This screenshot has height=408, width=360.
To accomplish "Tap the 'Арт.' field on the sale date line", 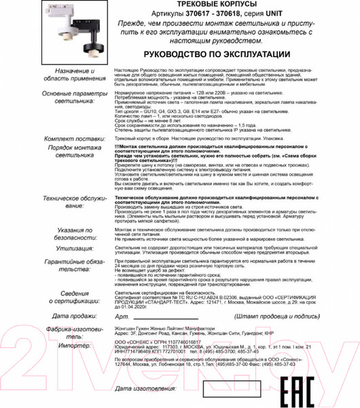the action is click(x=122, y=317).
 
